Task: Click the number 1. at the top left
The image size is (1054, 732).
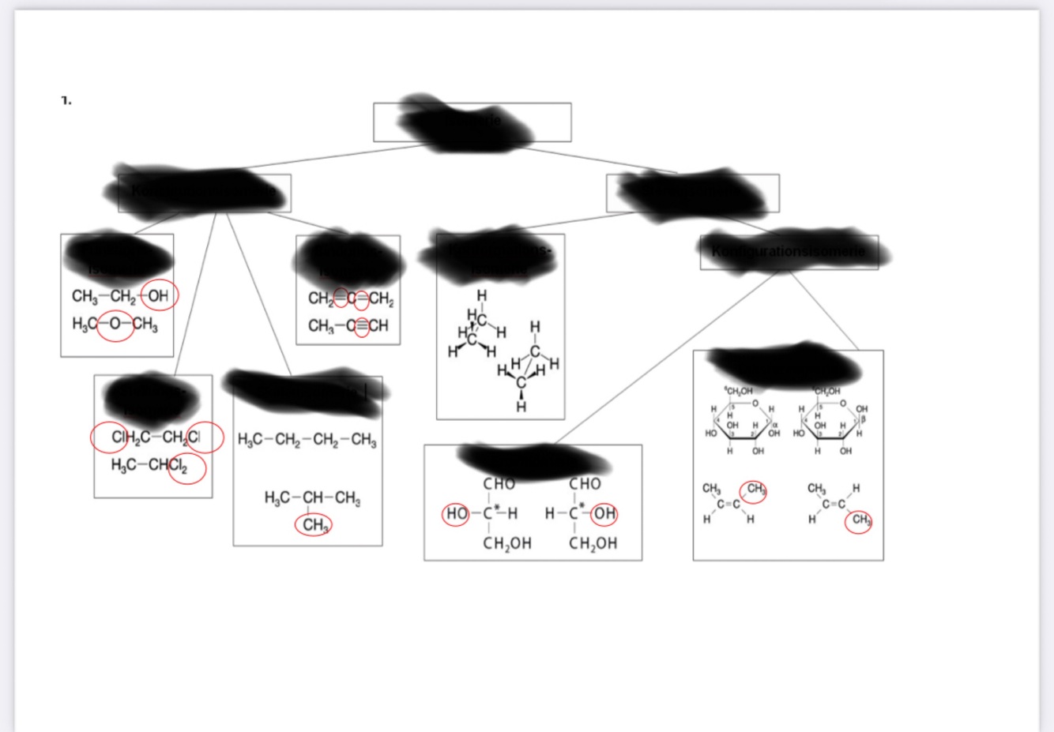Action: (66, 100)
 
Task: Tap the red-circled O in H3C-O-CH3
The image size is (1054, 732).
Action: (115, 325)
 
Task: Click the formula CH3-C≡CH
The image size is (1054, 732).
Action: (348, 325)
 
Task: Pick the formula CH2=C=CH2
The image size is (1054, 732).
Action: (351, 298)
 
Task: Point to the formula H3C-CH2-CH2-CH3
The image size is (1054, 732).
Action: (307, 440)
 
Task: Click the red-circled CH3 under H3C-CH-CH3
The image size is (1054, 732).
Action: (314, 525)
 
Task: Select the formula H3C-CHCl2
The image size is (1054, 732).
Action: (149, 465)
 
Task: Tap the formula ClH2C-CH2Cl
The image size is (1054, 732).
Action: (156, 437)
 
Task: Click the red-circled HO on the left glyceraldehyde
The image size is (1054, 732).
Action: (457, 514)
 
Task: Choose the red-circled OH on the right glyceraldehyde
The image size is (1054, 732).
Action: (604, 514)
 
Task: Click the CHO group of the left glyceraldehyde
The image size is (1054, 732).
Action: (499, 484)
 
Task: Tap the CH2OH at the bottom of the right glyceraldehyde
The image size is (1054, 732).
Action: (593, 543)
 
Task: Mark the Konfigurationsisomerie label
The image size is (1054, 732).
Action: (788, 252)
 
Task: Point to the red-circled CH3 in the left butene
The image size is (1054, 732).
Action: (755, 490)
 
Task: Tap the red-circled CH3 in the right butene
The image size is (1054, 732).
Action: (859, 520)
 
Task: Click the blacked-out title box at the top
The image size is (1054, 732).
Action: (472, 122)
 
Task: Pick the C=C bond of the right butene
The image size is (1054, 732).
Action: (834, 504)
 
